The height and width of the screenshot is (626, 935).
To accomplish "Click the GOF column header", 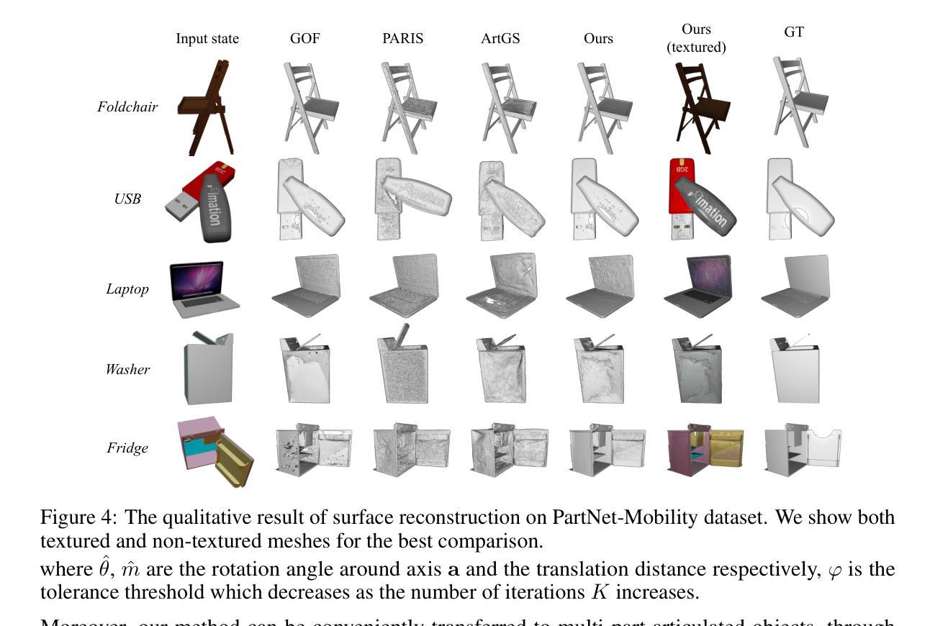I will pyautogui.click(x=304, y=39).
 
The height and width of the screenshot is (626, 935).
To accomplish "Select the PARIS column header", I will pyautogui.click(x=402, y=39).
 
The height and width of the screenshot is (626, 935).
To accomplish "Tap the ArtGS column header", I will pyautogui.click(x=500, y=39).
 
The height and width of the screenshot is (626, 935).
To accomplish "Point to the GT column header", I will pyautogui.click(x=794, y=32).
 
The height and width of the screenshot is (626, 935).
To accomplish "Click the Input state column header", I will pyautogui.click(x=207, y=39).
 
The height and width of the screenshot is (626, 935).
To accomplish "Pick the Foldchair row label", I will pyautogui.click(x=127, y=107).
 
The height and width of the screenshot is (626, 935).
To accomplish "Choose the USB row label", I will pyautogui.click(x=127, y=199).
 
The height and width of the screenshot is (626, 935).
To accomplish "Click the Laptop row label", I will pyautogui.click(x=127, y=289).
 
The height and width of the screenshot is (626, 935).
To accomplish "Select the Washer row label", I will pyautogui.click(x=127, y=370).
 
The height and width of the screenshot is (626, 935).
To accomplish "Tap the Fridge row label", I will pyautogui.click(x=127, y=448).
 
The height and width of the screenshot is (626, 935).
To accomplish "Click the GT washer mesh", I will pyautogui.click(x=795, y=370).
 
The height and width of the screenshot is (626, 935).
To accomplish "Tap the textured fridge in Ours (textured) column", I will pyautogui.click(x=705, y=450).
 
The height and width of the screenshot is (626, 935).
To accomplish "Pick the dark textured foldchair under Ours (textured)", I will pyautogui.click(x=699, y=108).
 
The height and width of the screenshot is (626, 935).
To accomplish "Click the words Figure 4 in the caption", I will pyautogui.click(x=76, y=517).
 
